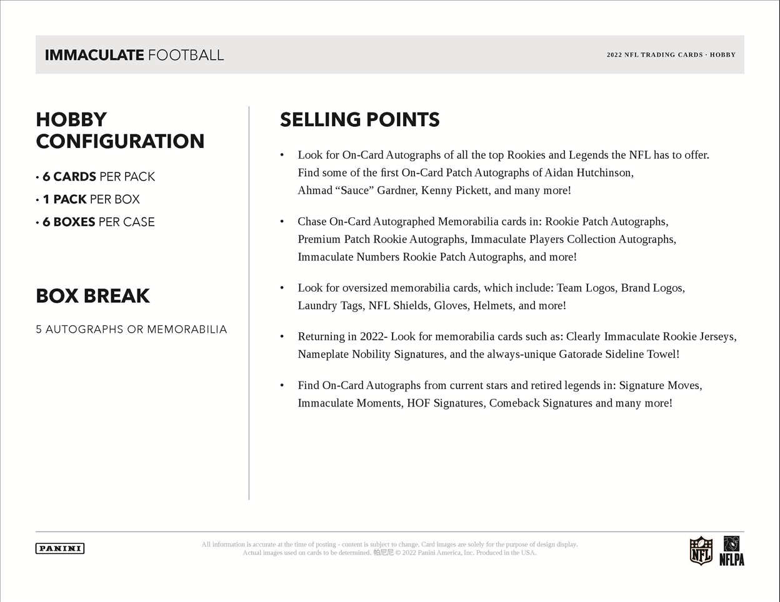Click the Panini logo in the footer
60,548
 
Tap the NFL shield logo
701,551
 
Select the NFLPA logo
731,551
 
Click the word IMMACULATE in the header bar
94,55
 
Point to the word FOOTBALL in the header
186,55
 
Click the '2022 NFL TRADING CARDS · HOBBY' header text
671,55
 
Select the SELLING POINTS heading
359,120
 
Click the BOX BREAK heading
92,296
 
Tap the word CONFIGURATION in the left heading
120,141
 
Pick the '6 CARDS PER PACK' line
98,177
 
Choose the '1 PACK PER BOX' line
91,199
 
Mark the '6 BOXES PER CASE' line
98,222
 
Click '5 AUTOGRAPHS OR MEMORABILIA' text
131,329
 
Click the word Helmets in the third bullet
493,305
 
